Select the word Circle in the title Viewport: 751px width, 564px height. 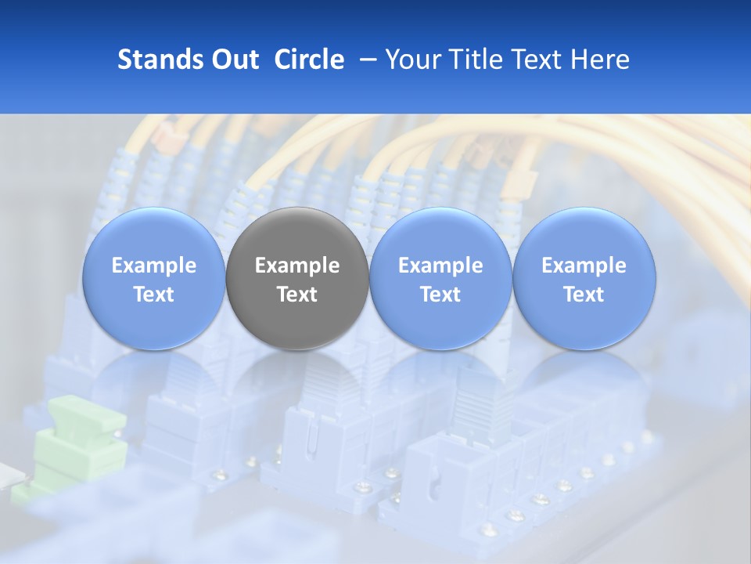click(x=309, y=60)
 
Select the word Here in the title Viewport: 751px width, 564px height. click(x=603, y=60)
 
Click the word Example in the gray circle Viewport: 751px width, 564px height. click(x=297, y=266)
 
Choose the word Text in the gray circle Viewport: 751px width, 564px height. click(x=297, y=295)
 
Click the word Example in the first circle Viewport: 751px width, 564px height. click(x=153, y=266)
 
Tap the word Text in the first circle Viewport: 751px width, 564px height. click(x=153, y=295)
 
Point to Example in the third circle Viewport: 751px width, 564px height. click(x=440, y=266)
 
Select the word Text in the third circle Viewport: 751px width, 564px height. click(x=440, y=295)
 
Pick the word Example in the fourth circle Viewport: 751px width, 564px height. click(x=584, y=266)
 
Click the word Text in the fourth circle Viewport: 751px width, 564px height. click(x=584, y=295)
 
